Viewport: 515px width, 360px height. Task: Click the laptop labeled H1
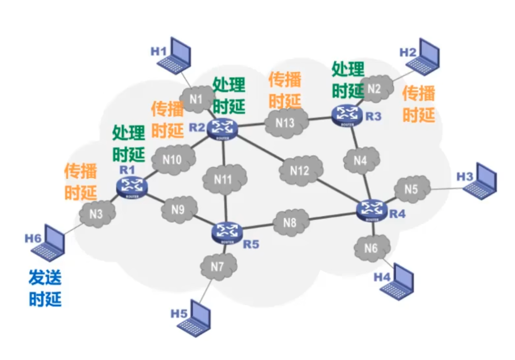tap(176, 55)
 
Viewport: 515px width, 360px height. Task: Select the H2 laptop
tap(426, 57)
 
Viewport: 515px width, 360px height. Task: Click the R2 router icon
tap(222, 128)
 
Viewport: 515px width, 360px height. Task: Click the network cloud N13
tap(285, 122)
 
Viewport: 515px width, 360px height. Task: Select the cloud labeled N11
tap(224, 179)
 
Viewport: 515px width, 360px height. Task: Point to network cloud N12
tap(300, 171)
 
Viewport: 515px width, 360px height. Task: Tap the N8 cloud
tap(291, 222)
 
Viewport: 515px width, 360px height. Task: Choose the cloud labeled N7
tap(218, 267)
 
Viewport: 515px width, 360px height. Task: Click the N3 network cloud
tap(97, 214)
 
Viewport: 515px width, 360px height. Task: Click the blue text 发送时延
tap(45, 288)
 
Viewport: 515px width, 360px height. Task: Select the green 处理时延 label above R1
tap(129, 143)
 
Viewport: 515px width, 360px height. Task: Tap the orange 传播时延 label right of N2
tap(419, 104)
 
